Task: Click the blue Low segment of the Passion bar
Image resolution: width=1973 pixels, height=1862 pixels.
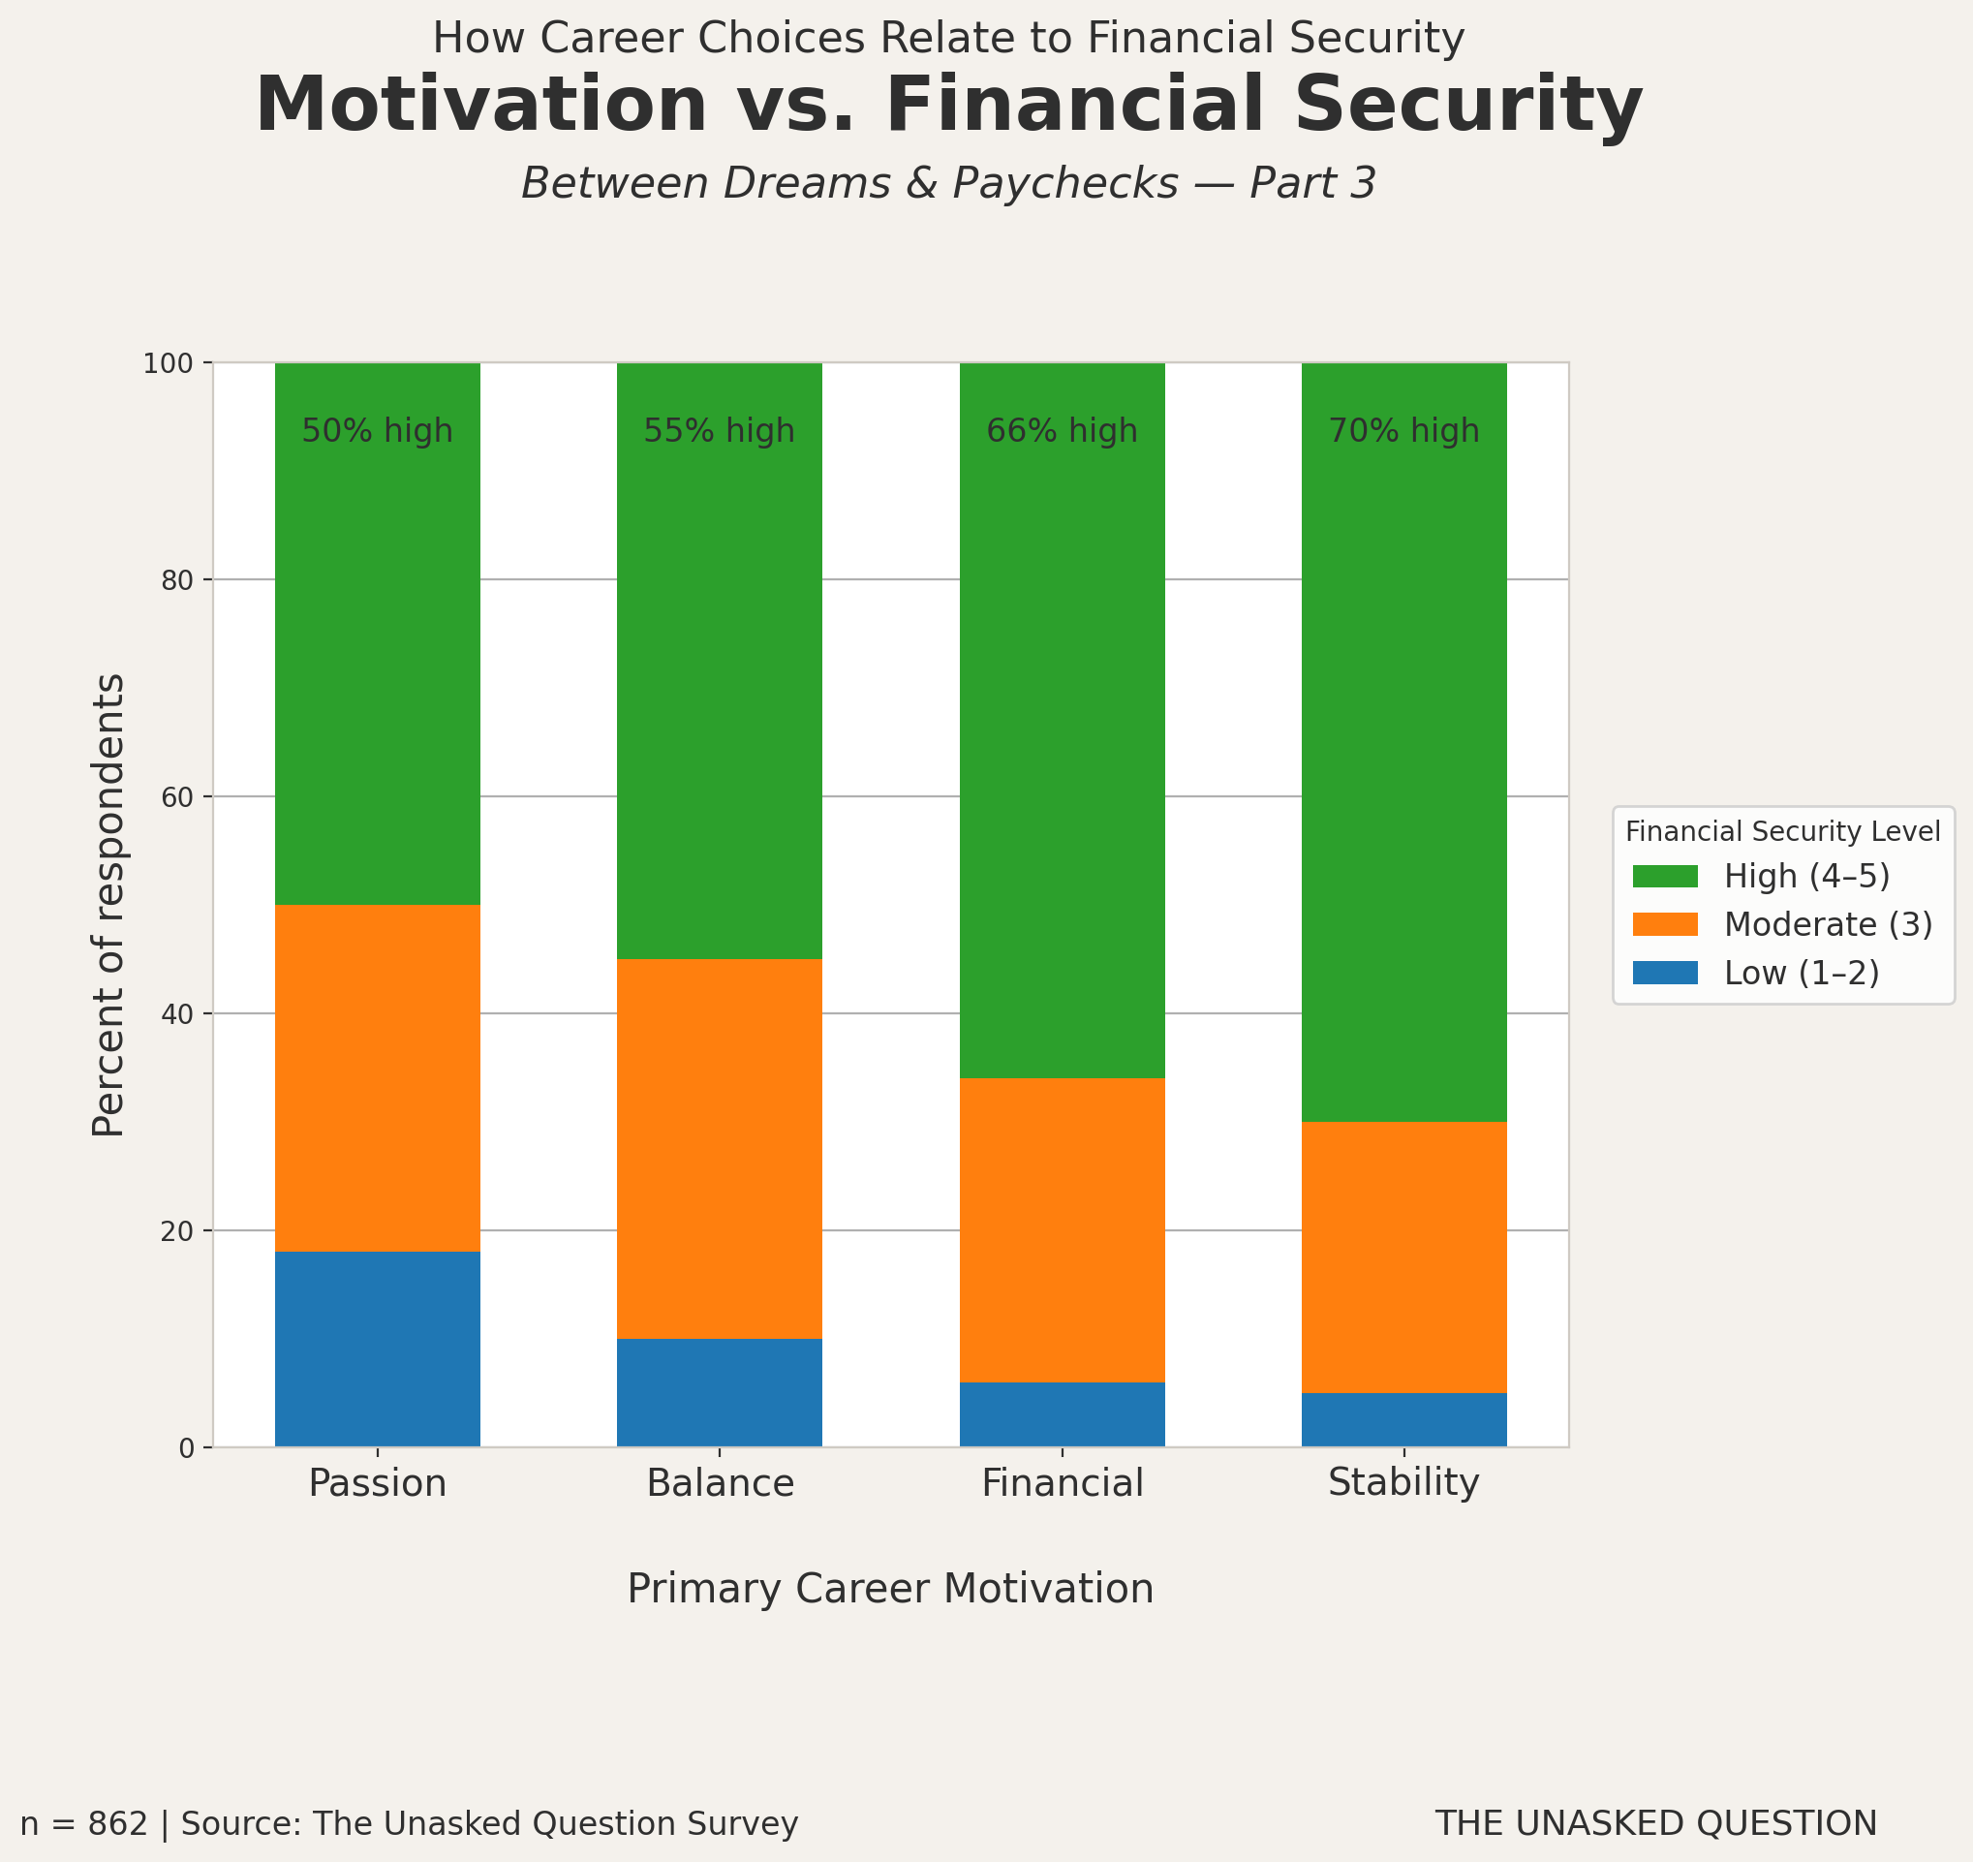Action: tap(377, 1349)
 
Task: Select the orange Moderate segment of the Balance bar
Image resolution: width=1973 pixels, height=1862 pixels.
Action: tap(720, 1148)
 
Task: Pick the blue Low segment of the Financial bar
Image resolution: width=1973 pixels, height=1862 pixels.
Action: tap(1062, 1414)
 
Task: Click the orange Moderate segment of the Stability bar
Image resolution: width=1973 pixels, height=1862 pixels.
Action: tap(1403, 1257)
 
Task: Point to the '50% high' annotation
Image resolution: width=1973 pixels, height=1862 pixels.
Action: tap(377, 432)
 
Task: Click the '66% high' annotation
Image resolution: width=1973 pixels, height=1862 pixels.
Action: tap(1062, 432)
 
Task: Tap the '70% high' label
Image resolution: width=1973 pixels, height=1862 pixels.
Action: tap(1403, 432)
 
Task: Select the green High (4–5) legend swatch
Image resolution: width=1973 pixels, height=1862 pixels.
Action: tap(1665, 877)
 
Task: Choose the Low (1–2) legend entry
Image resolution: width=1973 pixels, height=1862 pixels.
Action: tap(1802, 974)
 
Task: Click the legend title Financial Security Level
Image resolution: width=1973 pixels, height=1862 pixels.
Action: tap(1782, 832)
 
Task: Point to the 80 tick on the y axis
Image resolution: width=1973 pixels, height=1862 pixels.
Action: tap(176, 580)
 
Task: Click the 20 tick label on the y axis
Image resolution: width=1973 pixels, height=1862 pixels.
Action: tap(176, 1230)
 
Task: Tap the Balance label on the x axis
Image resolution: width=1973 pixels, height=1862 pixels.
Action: tap(720, 1484)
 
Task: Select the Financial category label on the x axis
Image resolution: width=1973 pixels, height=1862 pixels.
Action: tap(1062, 1484)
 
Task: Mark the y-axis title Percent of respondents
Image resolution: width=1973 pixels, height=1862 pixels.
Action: tap(109, 905)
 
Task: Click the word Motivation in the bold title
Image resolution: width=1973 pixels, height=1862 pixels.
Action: tap(481, 106)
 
